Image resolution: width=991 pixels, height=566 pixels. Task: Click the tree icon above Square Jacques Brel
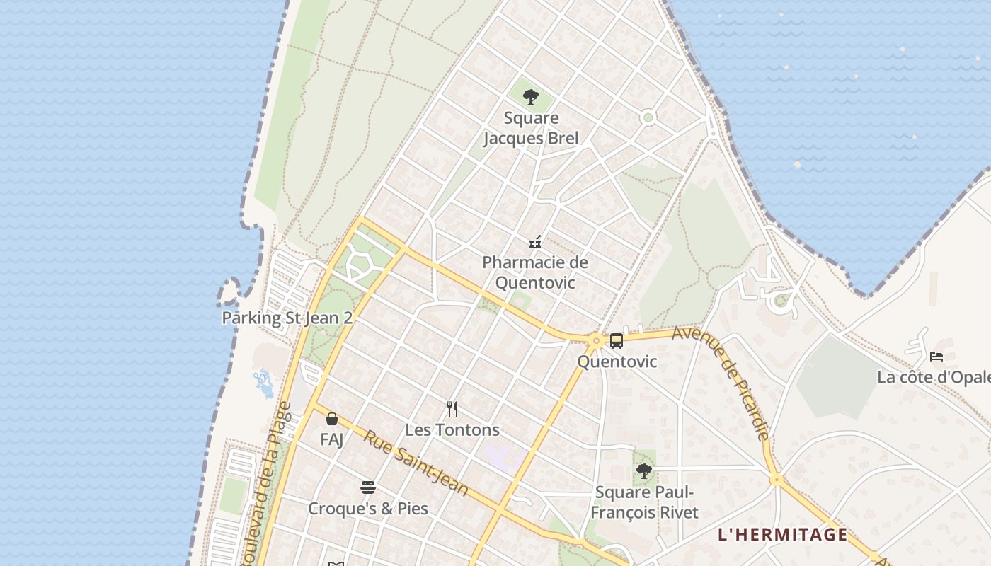coord(531,98)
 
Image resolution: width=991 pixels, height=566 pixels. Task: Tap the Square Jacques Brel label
coord(531,128)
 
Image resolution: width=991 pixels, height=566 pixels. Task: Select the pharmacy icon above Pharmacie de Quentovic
coord(535,242)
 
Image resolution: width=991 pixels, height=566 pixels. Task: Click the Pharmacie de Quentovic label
coord(535,272)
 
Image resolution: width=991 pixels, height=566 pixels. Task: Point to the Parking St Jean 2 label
coord(287,318)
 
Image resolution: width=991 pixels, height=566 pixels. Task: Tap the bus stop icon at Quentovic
coord(617,341)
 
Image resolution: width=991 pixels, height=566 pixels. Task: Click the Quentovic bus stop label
coord(617,362)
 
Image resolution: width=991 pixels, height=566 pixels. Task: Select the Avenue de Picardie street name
coord(721,383)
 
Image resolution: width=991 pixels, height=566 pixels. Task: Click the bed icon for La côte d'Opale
coord(936,357)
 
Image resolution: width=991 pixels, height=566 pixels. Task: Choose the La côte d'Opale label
coord(934,377)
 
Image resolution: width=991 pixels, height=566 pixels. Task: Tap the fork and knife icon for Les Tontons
coord(452,408)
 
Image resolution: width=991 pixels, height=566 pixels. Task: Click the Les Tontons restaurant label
coord(452,429)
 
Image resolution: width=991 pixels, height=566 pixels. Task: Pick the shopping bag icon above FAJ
coord(332,419)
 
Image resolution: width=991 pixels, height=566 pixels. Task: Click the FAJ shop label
coord(332,439)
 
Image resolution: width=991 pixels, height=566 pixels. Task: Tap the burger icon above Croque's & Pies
coord(368,487)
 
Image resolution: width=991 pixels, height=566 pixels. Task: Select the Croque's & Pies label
coord(368,508)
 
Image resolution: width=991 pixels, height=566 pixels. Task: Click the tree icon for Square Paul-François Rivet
coord(643,470)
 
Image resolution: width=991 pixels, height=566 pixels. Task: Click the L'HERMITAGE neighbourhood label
coord(782,535)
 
